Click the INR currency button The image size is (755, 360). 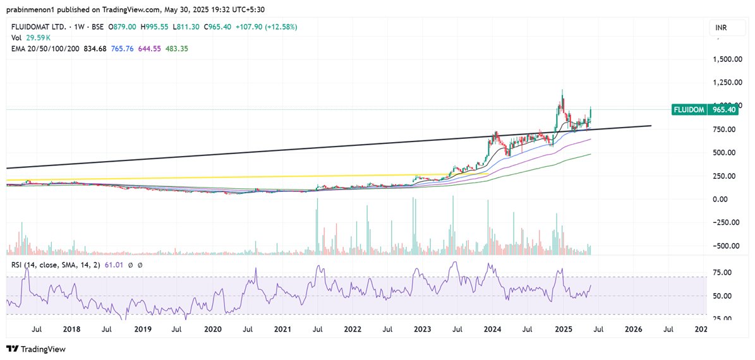point(720,28)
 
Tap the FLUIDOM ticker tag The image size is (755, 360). point(692,109)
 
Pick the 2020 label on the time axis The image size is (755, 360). point(213,329)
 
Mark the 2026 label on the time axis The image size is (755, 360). point(633,329)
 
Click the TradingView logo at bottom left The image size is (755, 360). point(36,349)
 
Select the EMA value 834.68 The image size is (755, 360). point(93,49)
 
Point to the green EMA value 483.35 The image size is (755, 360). point(176,49)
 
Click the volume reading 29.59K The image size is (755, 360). point(37,38)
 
